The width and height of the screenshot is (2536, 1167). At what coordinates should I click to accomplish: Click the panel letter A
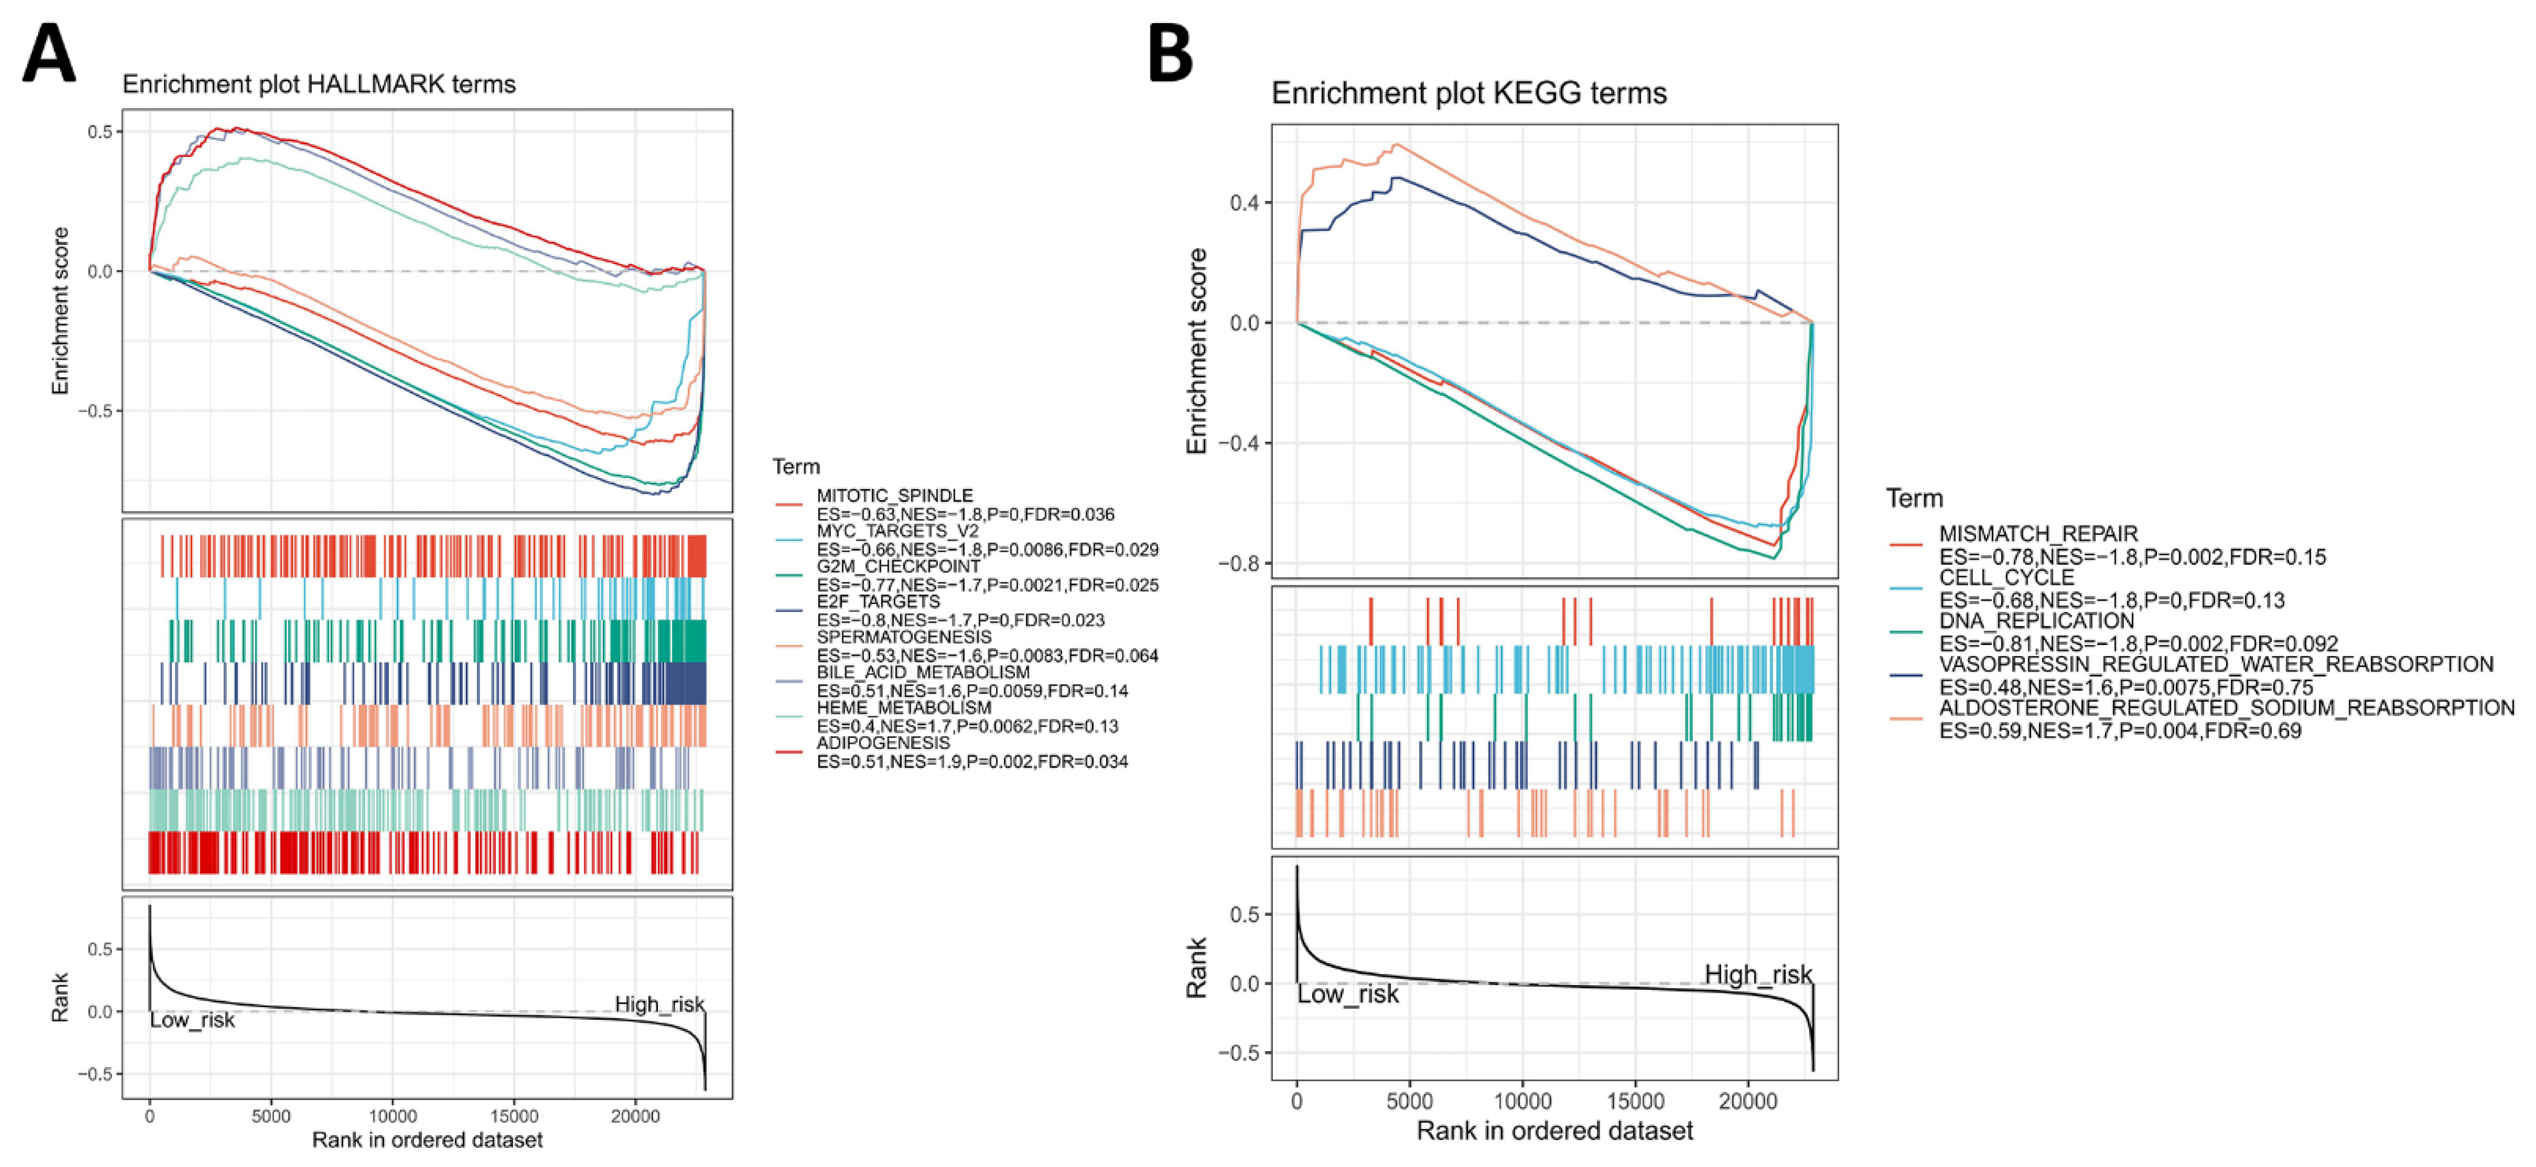click(48, 55)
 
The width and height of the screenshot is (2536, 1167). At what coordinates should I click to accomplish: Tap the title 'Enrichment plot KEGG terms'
click(1469, 94)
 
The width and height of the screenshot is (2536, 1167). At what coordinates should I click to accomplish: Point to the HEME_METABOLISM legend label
click(904, 708)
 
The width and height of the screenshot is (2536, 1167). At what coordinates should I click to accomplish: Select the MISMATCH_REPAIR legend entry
click(2038, 534)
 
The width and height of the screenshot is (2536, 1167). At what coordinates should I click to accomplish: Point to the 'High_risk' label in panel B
click(1757, 974)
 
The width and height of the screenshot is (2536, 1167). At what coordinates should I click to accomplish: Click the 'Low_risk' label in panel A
click(192, 1020)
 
